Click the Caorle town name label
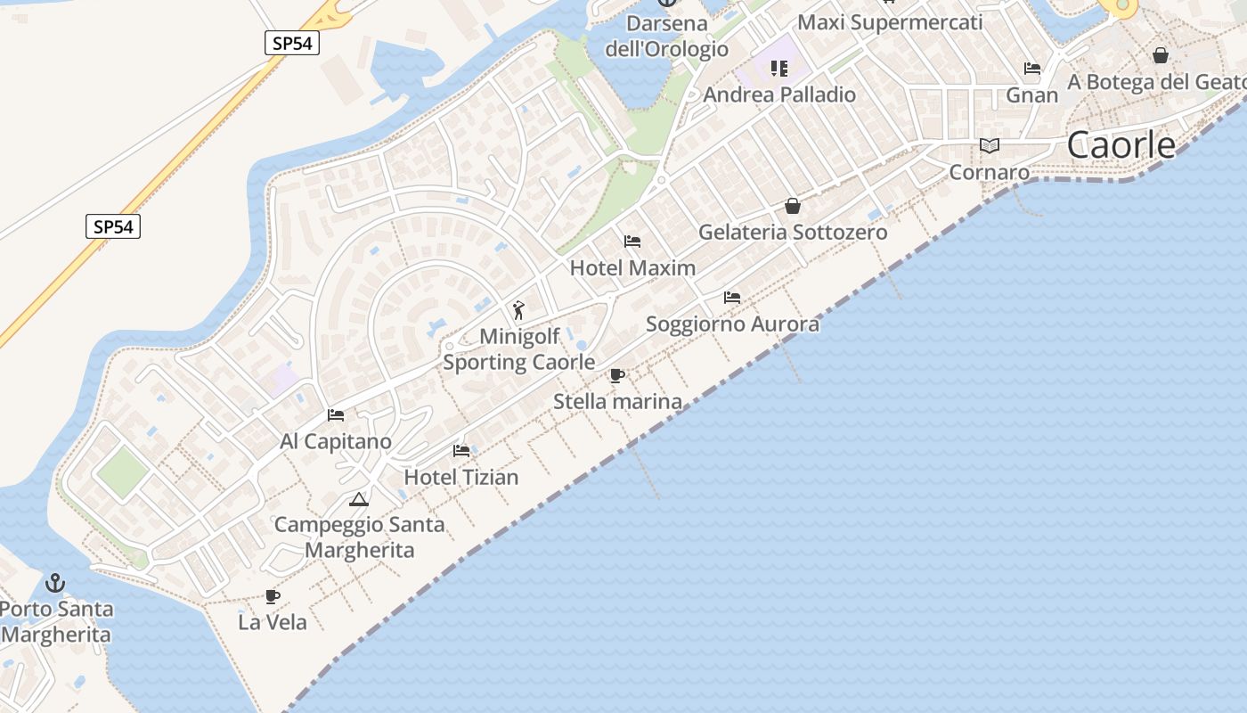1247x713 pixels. [x=1121, y=144]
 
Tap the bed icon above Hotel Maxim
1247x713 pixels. [x=632, y=242]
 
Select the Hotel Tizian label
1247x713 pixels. [x=461, y=477]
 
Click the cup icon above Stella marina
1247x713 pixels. [x=616, y=375]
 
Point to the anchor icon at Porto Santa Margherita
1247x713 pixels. [x=55, y=583]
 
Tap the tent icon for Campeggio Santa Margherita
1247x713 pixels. [x=359, y=499]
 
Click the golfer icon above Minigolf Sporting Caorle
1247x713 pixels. [x=518, y=310]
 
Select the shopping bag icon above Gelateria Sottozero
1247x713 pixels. [x=793, y=206]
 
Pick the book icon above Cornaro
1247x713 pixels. [x=989, y=145]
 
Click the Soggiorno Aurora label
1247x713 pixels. [x=732, y=324]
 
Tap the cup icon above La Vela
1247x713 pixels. [x=273, y=596]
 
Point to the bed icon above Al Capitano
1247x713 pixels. [x=336, y=415]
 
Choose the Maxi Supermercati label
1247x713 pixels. [x=890, y=22]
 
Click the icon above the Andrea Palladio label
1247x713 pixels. [x=779, y=69]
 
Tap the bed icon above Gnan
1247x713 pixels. [x=1032, y=69]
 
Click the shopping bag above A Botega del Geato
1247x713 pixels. [x=1161, y=55]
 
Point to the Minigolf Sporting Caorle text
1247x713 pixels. [x=519, y=349]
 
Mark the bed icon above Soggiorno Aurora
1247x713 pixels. [x=732, y=298]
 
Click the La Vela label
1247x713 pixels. [x=273, y=622]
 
